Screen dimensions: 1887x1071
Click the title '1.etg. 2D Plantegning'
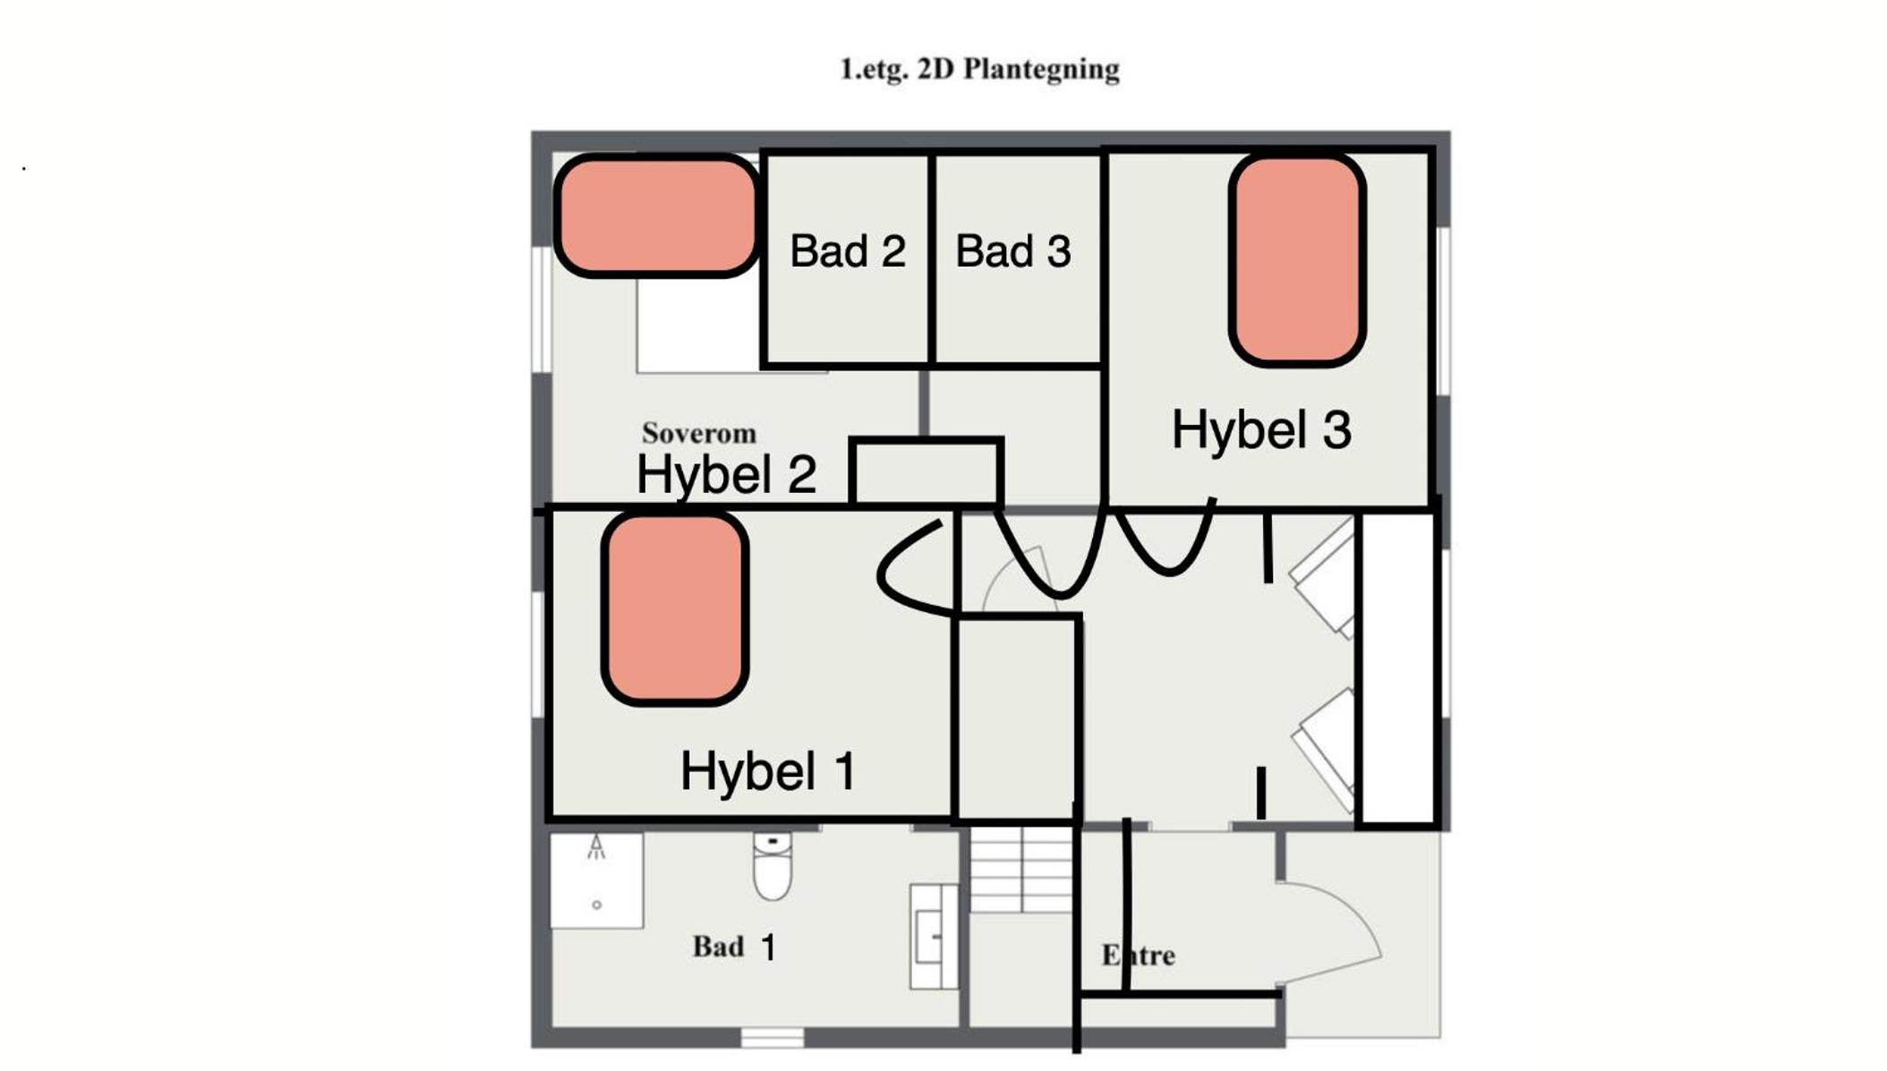coord(979,70)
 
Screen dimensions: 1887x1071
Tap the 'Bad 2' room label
coord(847,251)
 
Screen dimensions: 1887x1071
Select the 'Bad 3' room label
coord(1012,251)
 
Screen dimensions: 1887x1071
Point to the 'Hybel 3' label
coord(1261,429)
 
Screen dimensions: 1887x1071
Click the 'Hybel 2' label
coord(726,474)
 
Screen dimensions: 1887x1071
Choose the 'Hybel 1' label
coord(768,770)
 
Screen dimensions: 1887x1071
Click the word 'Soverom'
coord(699,433)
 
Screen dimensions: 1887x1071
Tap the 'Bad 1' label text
coord(734,947)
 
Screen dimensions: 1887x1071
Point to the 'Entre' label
coord(1138,956)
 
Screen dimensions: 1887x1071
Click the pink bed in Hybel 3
coord(1297,261)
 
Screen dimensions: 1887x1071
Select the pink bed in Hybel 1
coord(675,609)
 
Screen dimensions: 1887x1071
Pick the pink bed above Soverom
coord(657,216)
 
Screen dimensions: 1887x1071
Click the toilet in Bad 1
coord(773,866)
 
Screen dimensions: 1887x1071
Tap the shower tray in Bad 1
coord(596,880)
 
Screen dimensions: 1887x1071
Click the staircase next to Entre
coord(1021,869)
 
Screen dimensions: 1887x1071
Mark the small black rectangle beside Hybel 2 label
coord(926,472)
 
